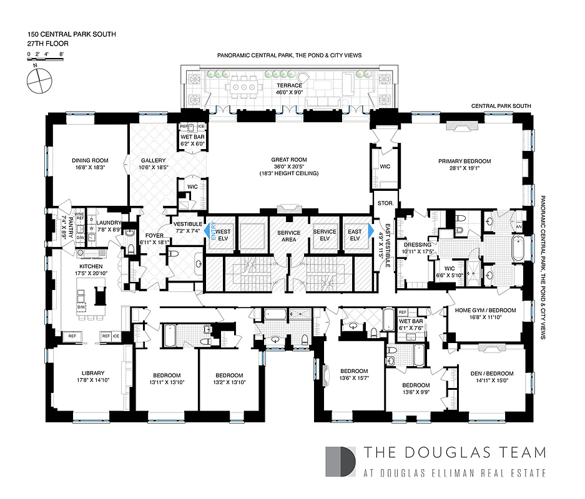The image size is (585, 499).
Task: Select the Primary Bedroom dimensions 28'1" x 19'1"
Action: (x=464, y=168)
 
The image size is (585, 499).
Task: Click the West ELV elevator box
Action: (x=223, y=235)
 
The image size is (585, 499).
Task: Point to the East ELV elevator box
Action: (x=355, y=235)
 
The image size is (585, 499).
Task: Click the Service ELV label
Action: (x=324, y=235)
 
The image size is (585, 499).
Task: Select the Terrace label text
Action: (x=289, y=85)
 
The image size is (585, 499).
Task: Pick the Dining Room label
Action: (x=91, y=160)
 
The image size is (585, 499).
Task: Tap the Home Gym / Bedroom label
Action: (x=485, y=311)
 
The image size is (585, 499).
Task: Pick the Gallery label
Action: (x=153, y=160)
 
